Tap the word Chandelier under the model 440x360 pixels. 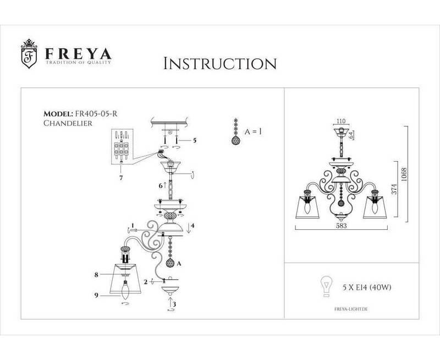(x=67, y=124)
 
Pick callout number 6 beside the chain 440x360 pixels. (x=161, y=186)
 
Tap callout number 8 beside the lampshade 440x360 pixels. (x=96, y=273)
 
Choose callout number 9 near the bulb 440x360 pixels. (x=96, y=296)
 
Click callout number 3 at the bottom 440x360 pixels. (x=174, y=303)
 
